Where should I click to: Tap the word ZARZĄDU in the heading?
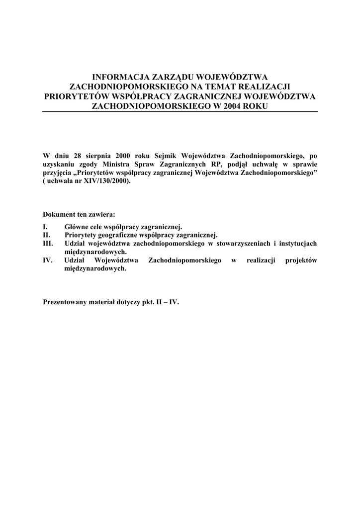(174, 77)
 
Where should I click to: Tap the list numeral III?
(49, 244)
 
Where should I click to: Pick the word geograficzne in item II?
(122, 235)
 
